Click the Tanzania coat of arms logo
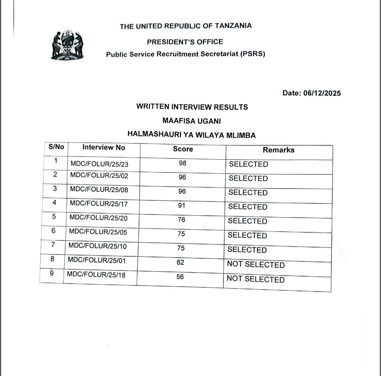click(67, 45)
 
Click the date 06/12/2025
click(322, 93)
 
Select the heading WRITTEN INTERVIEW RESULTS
click(192, 107)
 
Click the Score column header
click(183, 149)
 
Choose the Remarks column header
click(278, 150)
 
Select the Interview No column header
click(104, 147)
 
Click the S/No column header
click(56, 147)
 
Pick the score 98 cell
click(183, 163)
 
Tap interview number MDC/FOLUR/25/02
click(99, 175)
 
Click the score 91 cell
click(182, 205)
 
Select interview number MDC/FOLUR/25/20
click(98, 218)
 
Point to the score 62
click(180, 262)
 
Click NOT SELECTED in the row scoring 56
click(256, 279)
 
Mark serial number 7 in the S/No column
click(53, 245)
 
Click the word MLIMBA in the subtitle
click(241, 135)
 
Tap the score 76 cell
click(181, 220)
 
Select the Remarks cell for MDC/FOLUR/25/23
click(248, 164)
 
